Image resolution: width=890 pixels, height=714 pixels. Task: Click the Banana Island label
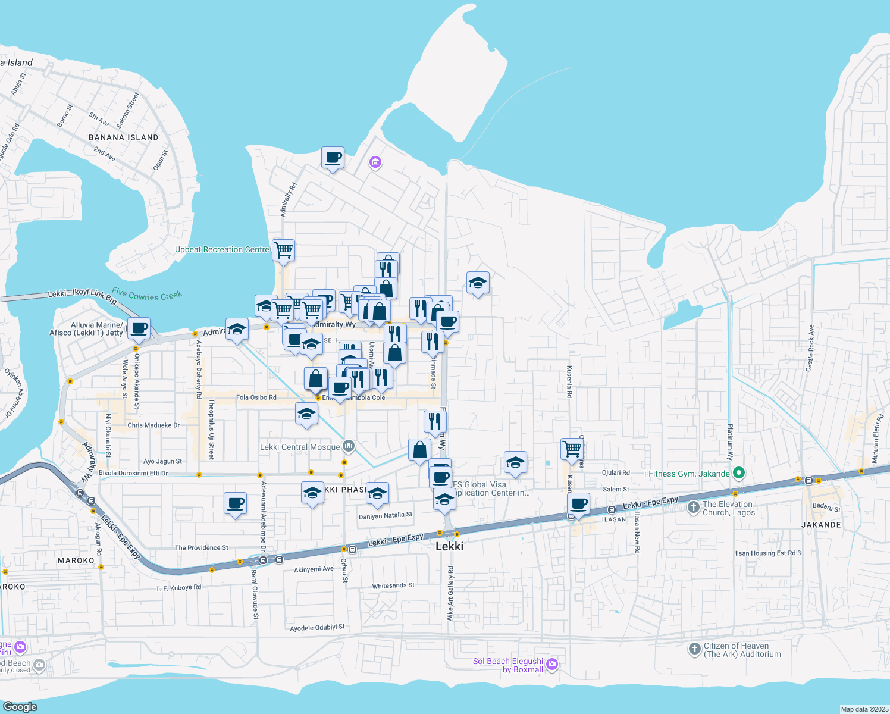point(124,137)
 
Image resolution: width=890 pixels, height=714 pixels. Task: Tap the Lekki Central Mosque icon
point(349,446)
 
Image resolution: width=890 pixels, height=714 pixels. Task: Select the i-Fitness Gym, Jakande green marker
point(739,474)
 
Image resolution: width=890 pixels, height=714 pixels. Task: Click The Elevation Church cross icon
point(693,508)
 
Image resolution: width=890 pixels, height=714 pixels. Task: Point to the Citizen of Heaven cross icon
point(694,649)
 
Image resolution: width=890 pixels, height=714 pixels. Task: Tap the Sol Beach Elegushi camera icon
point(552,664)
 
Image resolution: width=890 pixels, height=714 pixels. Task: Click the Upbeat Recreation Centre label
point(222,250)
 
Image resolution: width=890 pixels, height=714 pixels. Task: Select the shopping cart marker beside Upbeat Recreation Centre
point(284,250)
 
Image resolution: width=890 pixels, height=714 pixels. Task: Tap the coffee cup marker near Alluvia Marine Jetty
point(139,328)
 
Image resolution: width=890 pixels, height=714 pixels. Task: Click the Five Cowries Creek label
point(147,295)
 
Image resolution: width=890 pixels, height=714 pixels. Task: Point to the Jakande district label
point(821,525)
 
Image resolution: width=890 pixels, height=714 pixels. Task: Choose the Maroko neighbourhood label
point(76,560)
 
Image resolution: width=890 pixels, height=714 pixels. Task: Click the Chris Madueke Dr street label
point(153,425)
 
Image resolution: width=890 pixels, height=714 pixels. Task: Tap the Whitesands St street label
point(393,586)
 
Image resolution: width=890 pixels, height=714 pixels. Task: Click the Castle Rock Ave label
point(809,349)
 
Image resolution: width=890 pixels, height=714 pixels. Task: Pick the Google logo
point(20,707)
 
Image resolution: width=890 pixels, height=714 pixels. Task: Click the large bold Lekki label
point(449,546)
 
